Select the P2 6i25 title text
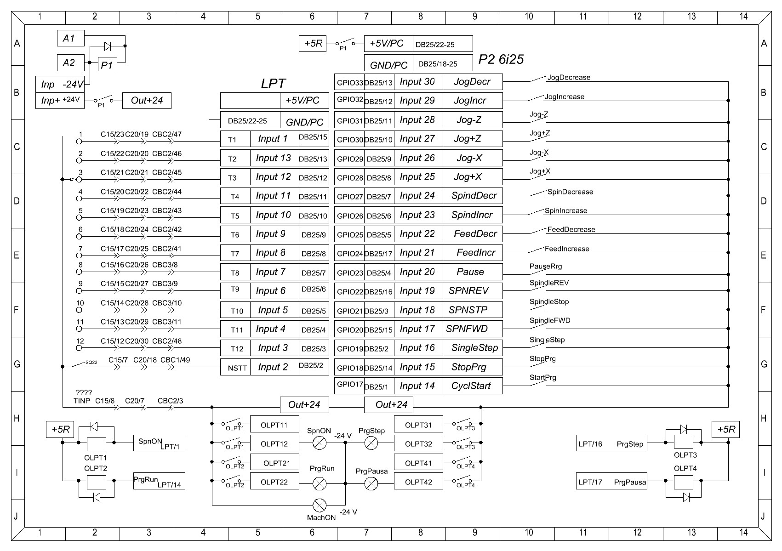coord(501,60)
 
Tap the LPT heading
coord(273,84)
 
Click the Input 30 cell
coord(417,82)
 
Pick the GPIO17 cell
coord(349,385)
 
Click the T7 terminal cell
coord(235,254)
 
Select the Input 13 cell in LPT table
coord(274,159)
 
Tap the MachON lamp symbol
coord(319,506)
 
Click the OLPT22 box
coord(274,482)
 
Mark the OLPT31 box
coord(418,425)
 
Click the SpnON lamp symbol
coord(319,443)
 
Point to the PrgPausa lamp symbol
coord(371,483)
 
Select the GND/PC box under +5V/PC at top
coord(388,65)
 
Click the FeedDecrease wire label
coord(571,230)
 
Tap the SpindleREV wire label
coord(549,283)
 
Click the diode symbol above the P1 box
coord(108,46)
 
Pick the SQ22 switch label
coord(91,363)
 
